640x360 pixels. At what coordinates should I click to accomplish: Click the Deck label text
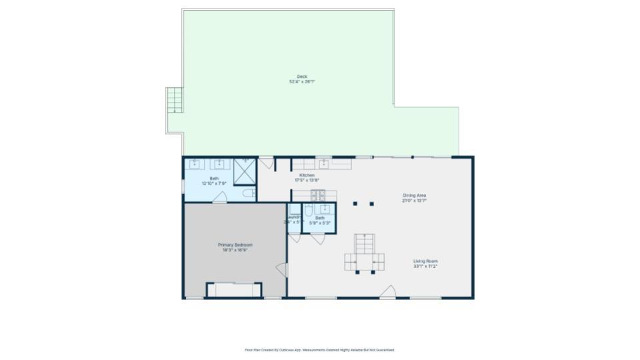coord(302,77)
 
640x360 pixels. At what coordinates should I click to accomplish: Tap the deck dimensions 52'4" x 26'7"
coord(302,82)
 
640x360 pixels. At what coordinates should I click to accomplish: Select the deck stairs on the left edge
coord(175,101)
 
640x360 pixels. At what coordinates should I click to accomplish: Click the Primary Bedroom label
coord(235,245)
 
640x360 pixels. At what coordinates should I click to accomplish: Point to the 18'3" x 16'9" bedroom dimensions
coord(235,250)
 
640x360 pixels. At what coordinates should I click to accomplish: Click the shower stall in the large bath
coord(245,171)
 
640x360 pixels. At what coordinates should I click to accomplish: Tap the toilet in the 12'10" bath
coord(249,193)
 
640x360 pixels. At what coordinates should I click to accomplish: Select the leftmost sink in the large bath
coord(195,163)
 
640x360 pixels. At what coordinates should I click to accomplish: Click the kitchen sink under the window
coord(324,163)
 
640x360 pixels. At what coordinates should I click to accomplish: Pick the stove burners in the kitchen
coord(318,194)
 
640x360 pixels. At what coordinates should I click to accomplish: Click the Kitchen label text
coord(307,175)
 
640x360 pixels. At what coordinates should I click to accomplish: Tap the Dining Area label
coord(414,195)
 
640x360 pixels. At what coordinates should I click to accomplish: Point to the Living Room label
coord(425,261)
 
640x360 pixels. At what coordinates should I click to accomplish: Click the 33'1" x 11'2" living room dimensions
coord(425,267)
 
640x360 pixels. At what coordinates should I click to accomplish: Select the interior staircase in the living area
coord(365,253)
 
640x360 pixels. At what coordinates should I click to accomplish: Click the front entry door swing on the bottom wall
coord(389,292)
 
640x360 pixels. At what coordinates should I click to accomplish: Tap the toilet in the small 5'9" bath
coord(309,211)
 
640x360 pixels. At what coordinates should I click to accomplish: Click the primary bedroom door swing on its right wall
coord(281,270)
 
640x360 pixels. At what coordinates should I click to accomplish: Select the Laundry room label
coord(294,217)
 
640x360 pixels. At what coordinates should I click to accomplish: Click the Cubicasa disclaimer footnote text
coord(320,349)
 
